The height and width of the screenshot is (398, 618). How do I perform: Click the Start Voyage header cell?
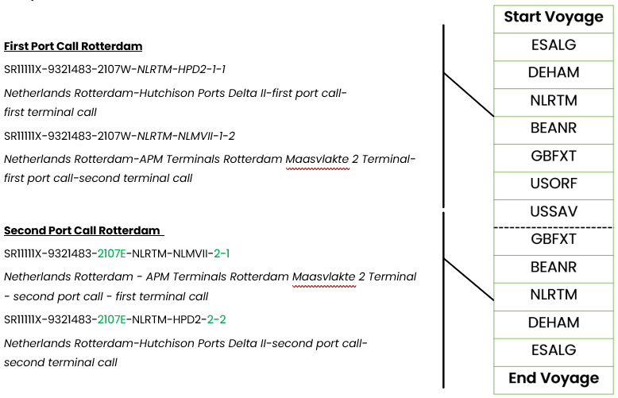pos(554,19)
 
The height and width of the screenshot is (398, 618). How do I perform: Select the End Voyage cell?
pos(554,380)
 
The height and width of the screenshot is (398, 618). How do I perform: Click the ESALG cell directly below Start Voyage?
pos(554,47)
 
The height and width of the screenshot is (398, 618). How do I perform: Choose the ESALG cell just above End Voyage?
pos(554,352)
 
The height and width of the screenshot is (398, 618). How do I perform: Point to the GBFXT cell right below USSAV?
pos(554,242)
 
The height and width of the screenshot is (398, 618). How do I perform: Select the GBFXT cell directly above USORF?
pos(554,157)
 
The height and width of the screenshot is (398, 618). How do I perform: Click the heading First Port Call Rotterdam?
pos(73,46)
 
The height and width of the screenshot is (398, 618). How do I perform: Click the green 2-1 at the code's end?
pos(222,253)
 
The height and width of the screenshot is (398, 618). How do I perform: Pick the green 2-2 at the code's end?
pos(216,319)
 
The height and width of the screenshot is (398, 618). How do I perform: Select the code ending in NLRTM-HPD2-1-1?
pos(114,69)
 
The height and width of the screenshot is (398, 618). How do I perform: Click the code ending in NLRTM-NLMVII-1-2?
pos(119,136)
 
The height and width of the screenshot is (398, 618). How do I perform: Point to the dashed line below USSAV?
pos(554,227)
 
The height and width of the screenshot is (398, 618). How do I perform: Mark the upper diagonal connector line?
pos(469,95)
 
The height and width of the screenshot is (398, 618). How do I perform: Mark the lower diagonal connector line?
pos(469,280)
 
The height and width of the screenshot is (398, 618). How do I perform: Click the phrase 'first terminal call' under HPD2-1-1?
pos(50,112)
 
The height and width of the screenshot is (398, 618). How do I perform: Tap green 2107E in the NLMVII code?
pos(111,253)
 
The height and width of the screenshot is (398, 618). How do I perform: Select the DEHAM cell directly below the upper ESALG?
pos(554,75)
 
